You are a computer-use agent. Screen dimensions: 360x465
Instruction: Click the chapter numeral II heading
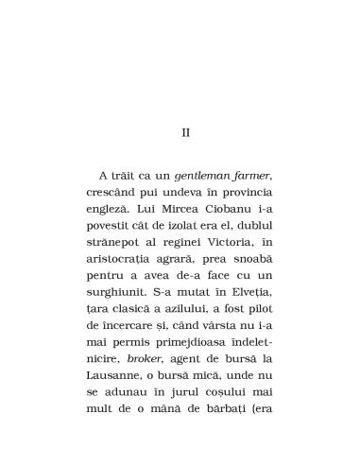click(x=185, y=132)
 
